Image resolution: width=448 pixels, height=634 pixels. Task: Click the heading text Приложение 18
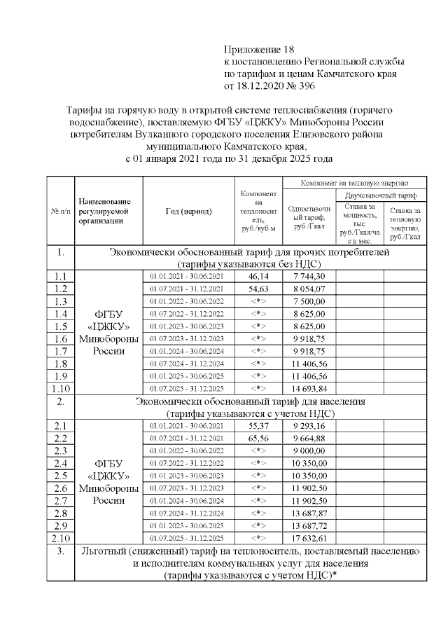[255, 49]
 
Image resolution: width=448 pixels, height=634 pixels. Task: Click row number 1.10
[60, 387]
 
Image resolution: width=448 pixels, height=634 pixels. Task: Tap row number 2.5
[60, 476]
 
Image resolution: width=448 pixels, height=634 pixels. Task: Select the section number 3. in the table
[60, 551]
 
